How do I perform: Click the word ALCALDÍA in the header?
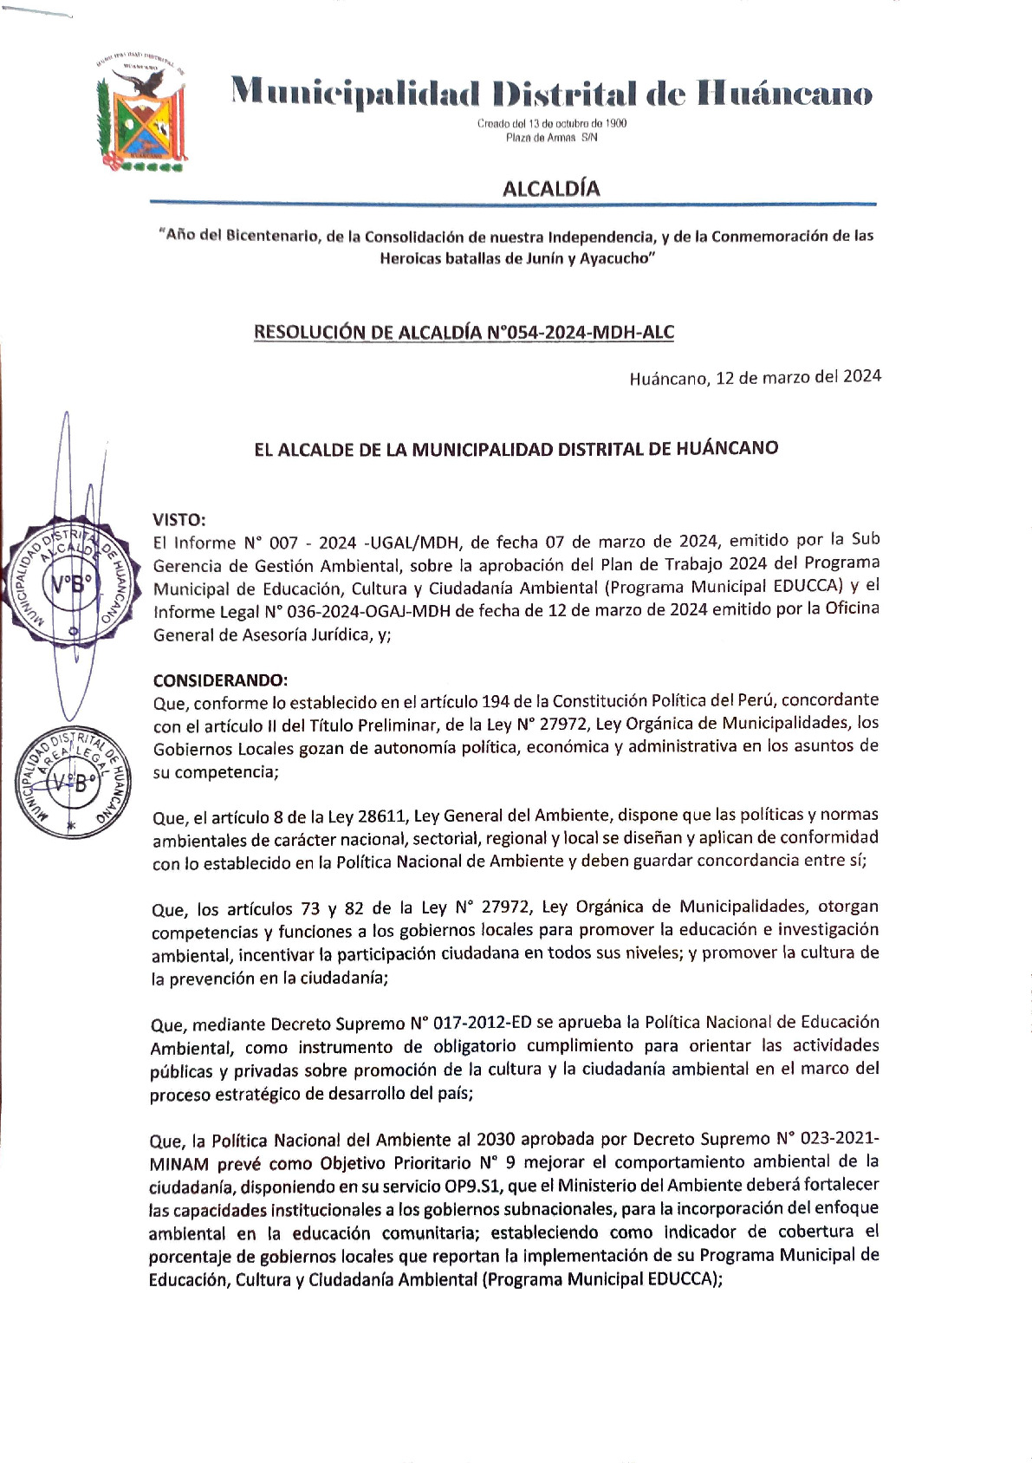[x=551, y=188]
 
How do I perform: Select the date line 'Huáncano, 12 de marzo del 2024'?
[x=755, y=377]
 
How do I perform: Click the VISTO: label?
[x=179, y=520]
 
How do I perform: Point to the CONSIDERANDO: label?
[x=220, y=680]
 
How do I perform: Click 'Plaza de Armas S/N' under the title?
[x=552, y=138]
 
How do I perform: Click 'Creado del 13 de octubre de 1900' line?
[x=552, y=123]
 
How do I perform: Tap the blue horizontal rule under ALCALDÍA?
[x=513, y=204]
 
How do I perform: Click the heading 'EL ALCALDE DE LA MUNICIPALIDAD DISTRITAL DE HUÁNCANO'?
[x=516, y=449]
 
